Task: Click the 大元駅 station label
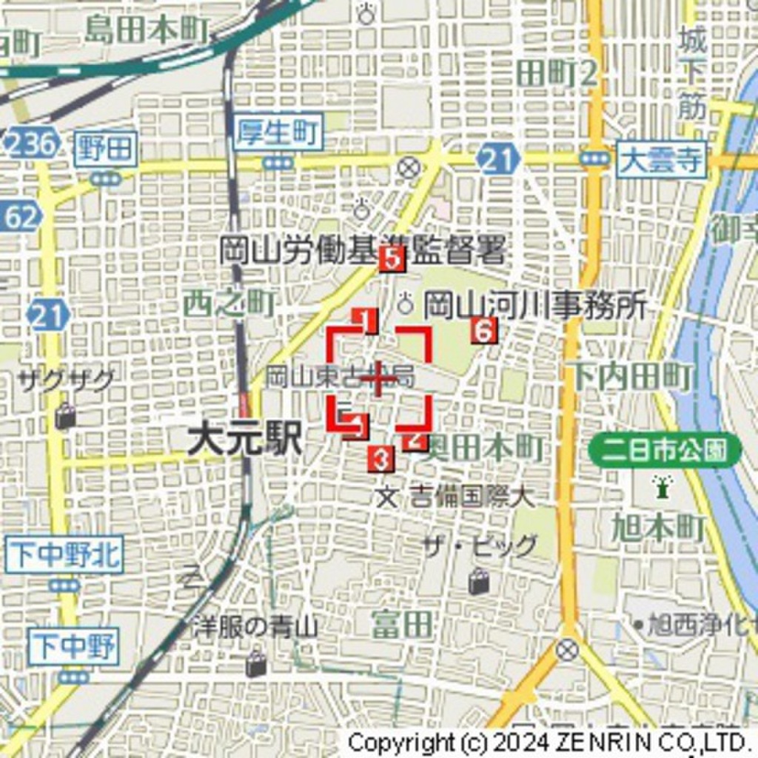(244, 441)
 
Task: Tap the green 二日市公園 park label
(665, 450)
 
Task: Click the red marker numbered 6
(483, 331)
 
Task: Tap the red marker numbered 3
(380, 460)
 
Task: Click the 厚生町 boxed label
(280, 133)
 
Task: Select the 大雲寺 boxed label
(661, 160)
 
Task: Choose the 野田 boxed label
(107, 150)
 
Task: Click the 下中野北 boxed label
(64, 556)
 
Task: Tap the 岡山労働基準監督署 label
(363, 251)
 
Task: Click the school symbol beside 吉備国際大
(386, 496)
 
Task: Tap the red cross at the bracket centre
(379, 380)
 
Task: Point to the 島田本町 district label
(146, 29)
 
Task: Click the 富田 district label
(402, 624)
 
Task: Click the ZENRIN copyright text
(548, 742)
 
